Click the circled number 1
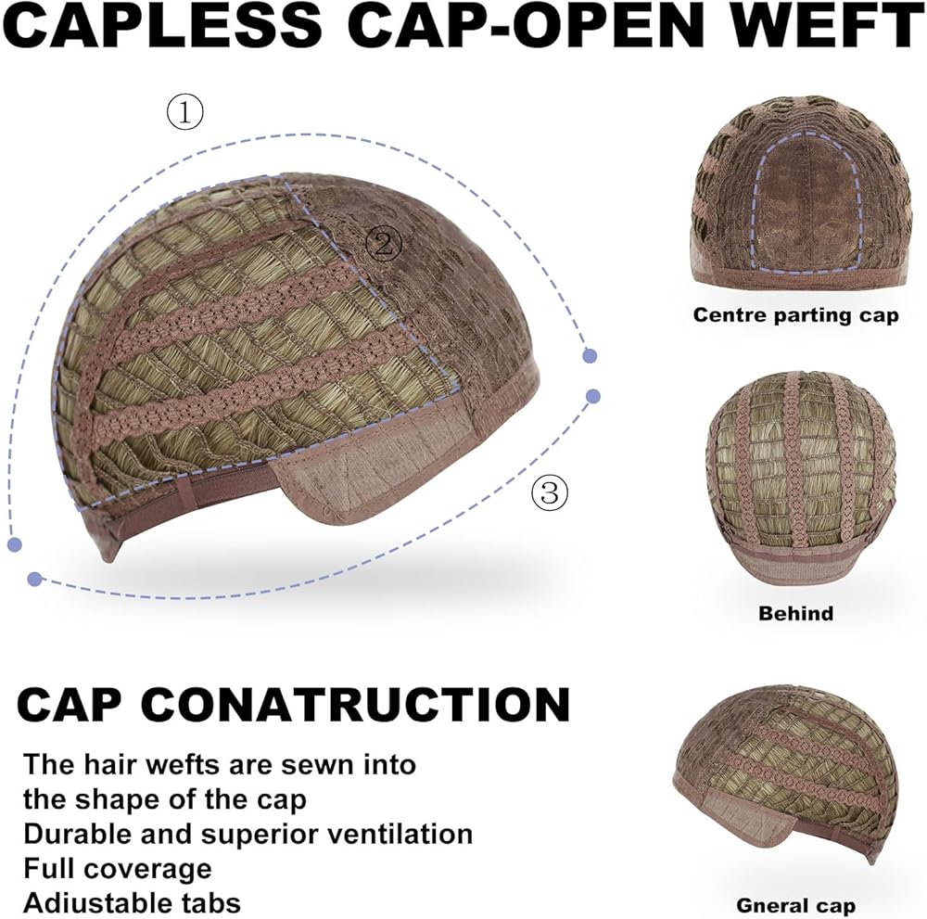pos(184,113)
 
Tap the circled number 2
pos(384,244)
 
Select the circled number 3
pos(550,492)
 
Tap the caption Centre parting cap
pos(795,315)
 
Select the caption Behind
pos(795,613)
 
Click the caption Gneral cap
pos(795,905)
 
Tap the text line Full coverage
pos(118,868)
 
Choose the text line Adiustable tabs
pos(133,901)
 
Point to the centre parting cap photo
pos(794,190)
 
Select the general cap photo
pos(785,779)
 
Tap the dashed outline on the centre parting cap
pos(760,213)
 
